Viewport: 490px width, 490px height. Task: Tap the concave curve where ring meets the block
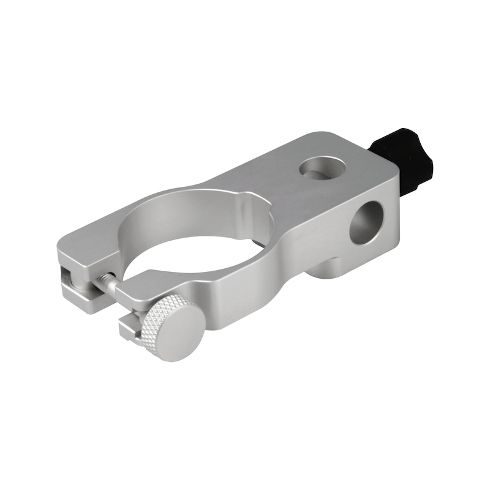pos(288,245)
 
